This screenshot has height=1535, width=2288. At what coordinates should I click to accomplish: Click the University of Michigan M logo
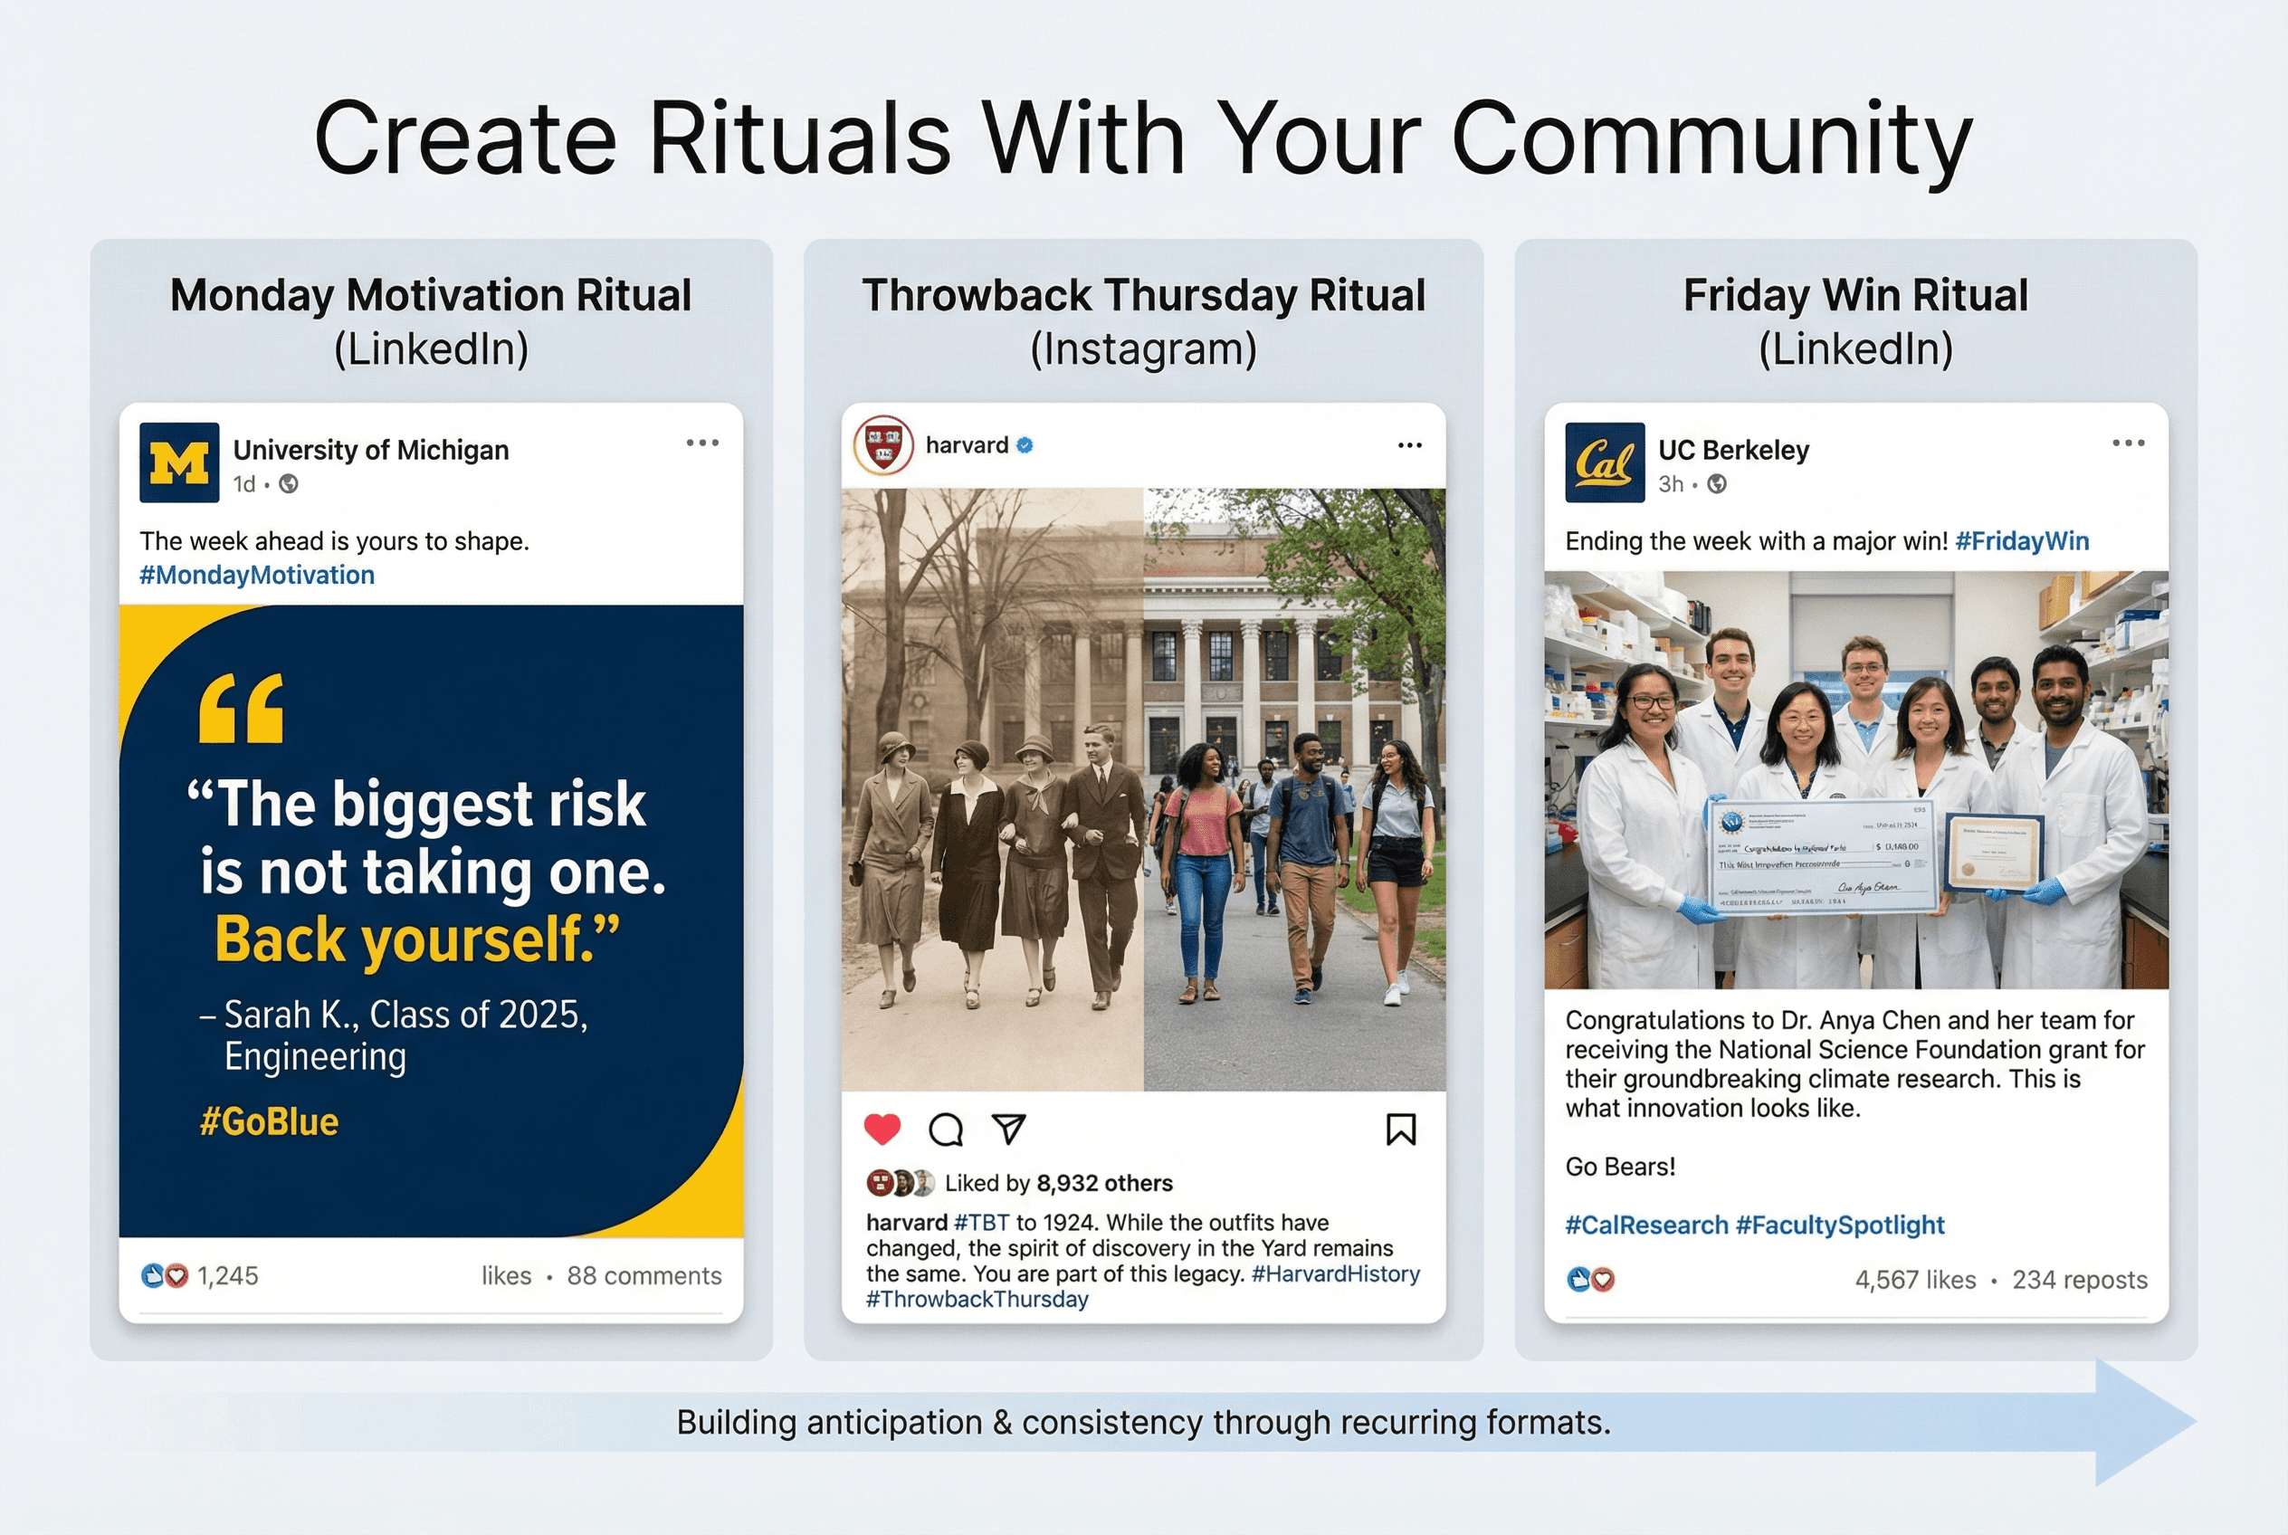(x=179, y=462)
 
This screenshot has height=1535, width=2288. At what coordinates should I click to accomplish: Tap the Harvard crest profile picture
(x=883, y=445)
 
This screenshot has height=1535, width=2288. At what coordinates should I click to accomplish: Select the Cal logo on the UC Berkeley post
(x=1604, y=462)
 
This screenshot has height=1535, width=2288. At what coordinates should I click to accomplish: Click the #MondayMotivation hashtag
(x=256, y=575)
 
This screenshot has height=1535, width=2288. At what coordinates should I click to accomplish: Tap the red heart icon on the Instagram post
(x=882, y=1129)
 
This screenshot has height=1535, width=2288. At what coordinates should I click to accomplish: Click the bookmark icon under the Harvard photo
(x=1401, y=1129)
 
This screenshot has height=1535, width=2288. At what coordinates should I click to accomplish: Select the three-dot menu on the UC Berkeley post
(x=2128, y=443)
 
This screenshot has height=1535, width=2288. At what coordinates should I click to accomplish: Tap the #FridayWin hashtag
(x=2021, y=541)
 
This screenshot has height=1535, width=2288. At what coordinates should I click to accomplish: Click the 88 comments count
(x=643, y=1275)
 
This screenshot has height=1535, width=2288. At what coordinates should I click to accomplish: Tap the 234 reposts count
(x=2079, y=1280)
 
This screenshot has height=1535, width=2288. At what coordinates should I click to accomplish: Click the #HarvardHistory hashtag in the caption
(x=1334, y=1273)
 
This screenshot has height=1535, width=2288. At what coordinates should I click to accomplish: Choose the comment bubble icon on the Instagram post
(x=946, y=1129)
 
